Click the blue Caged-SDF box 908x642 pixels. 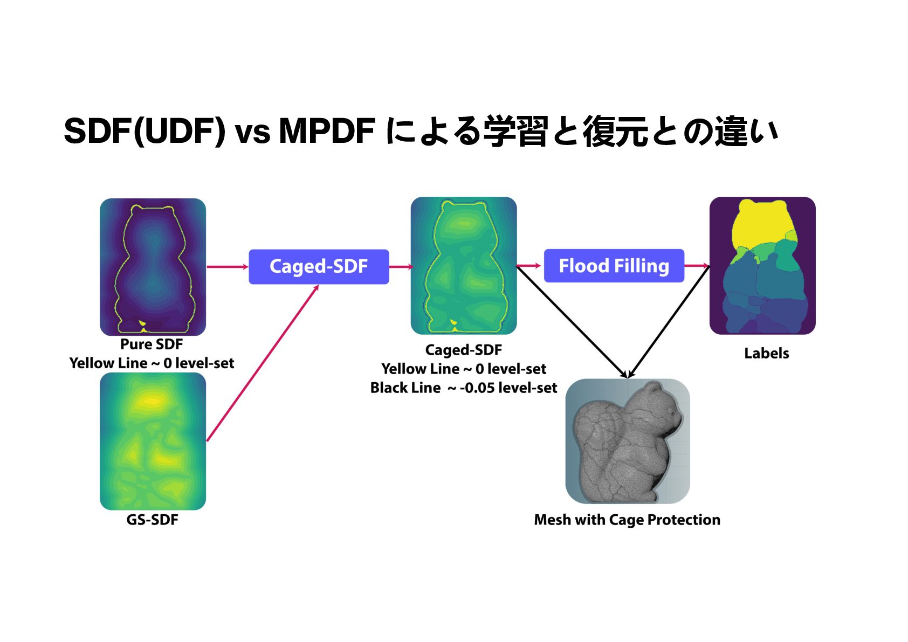[319, 266]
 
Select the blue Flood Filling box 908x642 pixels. [614, 266]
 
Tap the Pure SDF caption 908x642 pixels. [152, 344]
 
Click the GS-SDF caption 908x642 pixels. [152, 520]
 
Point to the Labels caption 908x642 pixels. [766, 353]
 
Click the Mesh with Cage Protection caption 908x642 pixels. [627, 520]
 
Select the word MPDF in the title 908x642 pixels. [327, 130]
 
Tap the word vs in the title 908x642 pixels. [252, 132]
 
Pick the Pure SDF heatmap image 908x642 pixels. [153, 267]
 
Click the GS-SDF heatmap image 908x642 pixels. [153, 441]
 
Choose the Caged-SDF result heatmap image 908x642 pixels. [464, 266]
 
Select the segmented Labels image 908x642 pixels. [762, 266]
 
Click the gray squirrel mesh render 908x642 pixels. [627, 441]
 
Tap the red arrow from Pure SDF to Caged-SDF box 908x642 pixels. [227, 266]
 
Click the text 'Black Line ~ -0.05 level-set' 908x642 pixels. [463, 388]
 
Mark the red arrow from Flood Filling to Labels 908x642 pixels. [697, 265]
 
